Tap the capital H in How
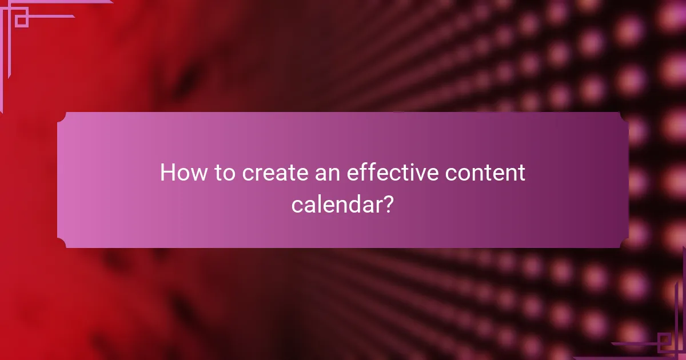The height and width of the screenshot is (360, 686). (x=167, y=173)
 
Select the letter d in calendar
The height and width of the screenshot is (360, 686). (x=352, y=204)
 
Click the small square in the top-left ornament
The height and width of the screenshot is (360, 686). (x=22, y=21)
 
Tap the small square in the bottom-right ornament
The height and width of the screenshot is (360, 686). (x=664, y=342)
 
